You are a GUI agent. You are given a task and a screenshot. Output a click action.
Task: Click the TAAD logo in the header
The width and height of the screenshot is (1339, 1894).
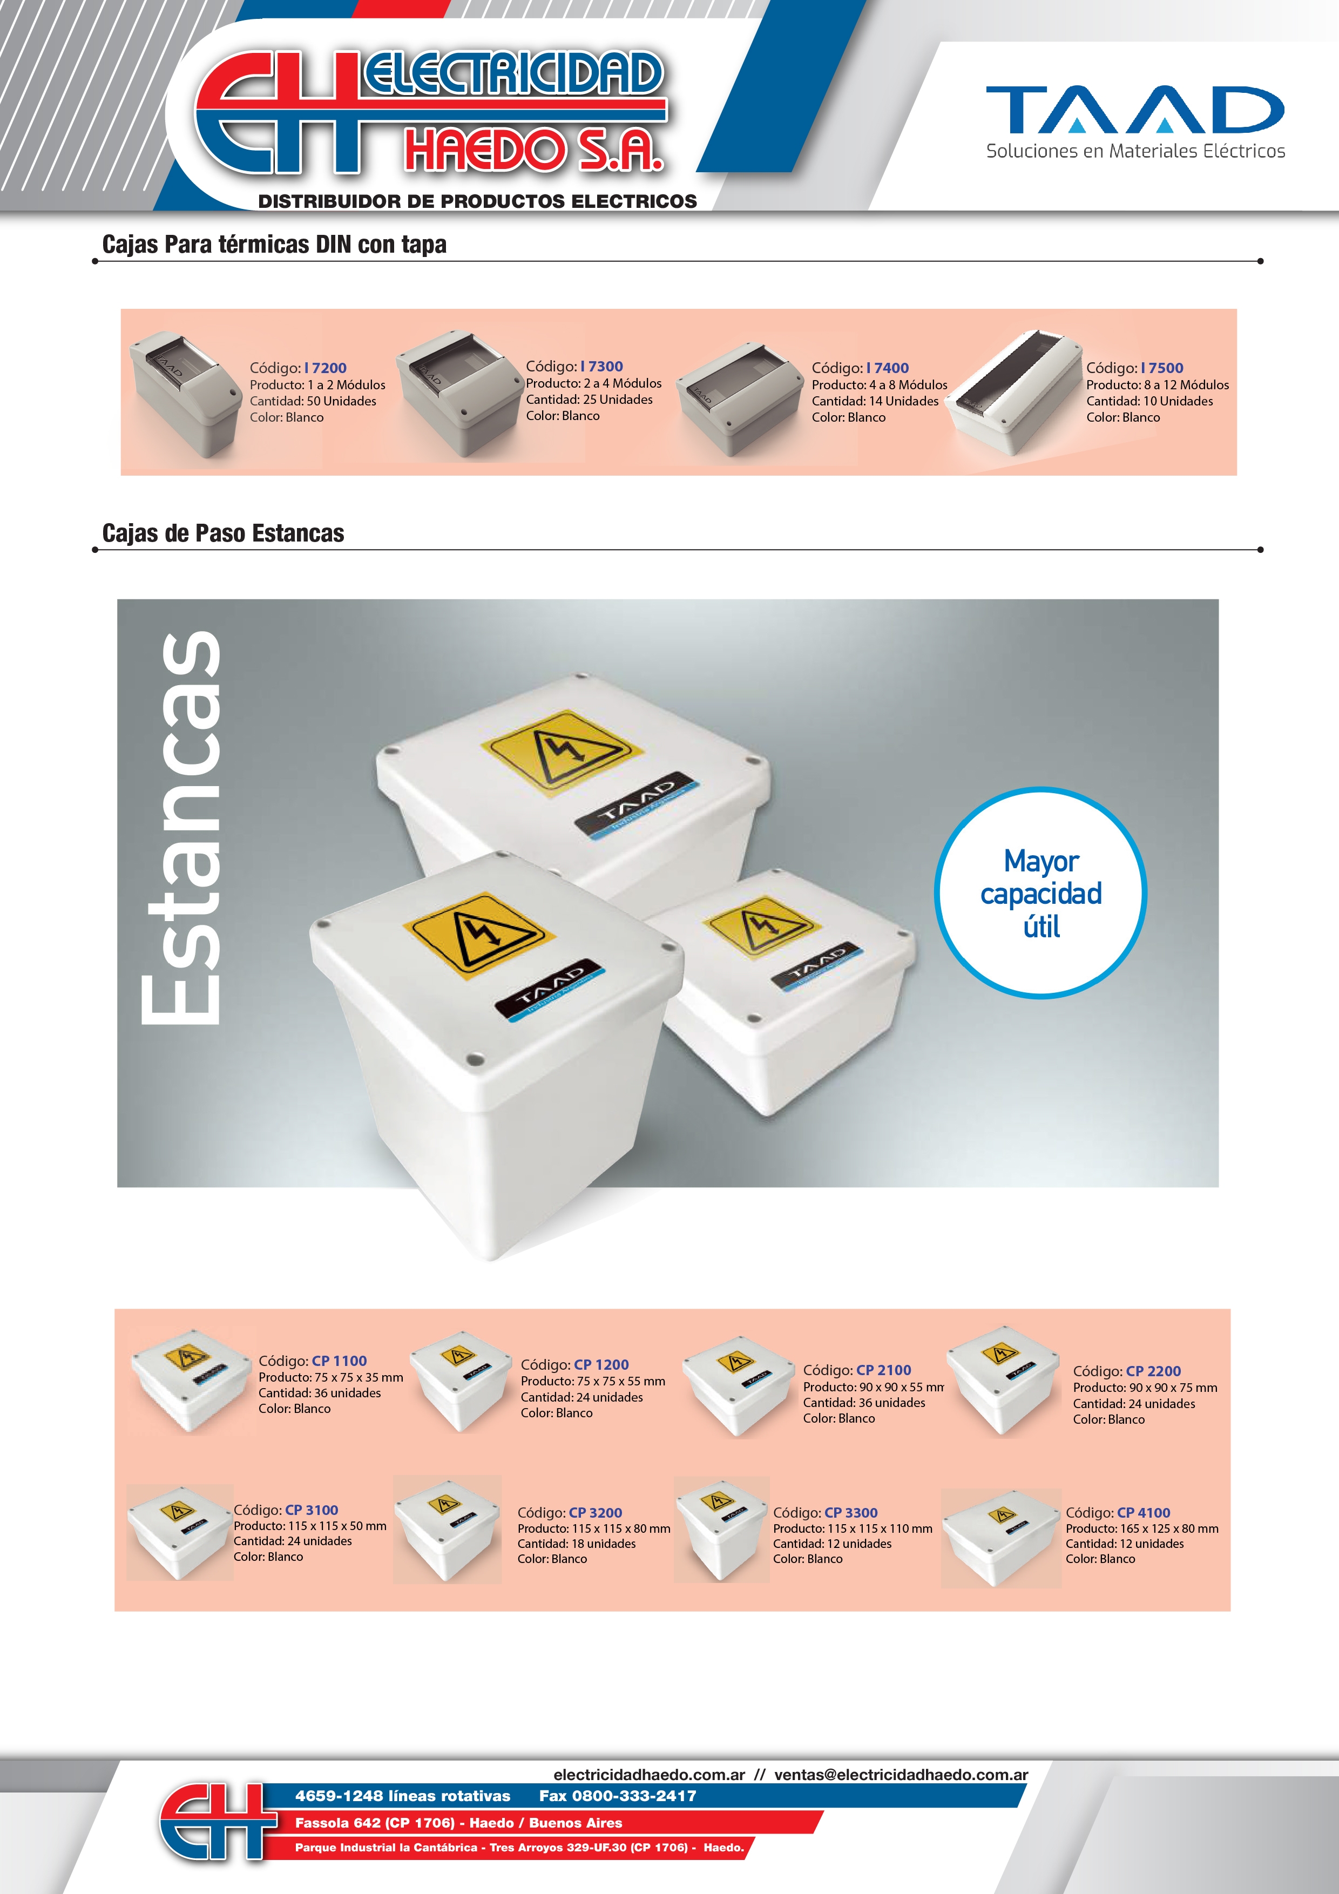click(1135, 121)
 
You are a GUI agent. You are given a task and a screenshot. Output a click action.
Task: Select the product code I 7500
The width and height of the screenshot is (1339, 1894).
click(1161, 368)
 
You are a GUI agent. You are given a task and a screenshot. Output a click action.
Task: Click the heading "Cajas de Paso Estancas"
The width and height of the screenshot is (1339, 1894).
click(223, 534)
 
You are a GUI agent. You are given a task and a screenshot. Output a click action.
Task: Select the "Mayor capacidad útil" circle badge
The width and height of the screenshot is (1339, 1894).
click(1040, 894)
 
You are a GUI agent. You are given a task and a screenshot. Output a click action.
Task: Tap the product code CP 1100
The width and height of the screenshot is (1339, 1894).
click(339, 1361)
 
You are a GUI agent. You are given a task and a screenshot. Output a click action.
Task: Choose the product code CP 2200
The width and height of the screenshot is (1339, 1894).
click(1153, 1371)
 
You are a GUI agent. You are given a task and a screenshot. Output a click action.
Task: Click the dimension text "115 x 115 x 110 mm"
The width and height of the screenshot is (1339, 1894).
click(880, 1528)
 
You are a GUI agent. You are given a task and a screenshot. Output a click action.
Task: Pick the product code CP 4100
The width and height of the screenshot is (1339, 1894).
click(1144, 1513)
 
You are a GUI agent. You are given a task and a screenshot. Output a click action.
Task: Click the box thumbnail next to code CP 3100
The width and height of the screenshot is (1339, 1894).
click(179, 1533)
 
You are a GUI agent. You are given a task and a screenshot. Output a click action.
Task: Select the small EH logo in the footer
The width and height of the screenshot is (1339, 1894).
click(217, 1822)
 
